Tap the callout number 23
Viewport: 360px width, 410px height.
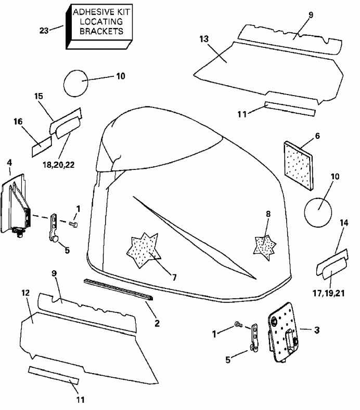pos(44,31)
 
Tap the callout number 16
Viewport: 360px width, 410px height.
pos(18,122)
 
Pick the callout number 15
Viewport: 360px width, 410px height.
pos(38,96)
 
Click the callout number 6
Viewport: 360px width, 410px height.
pos(317,136)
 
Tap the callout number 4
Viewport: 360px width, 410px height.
pos(9,163)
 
